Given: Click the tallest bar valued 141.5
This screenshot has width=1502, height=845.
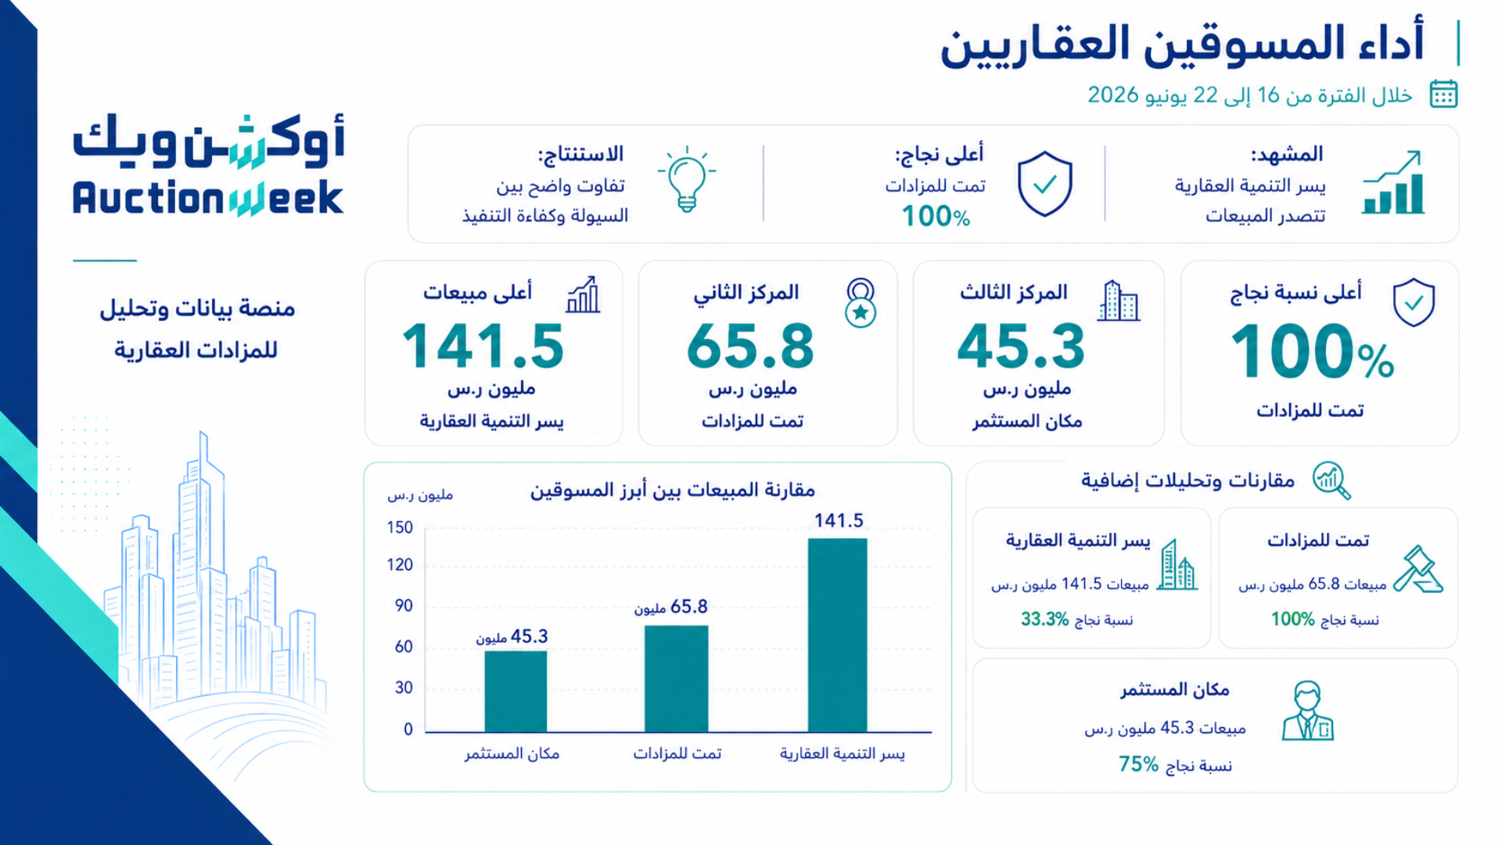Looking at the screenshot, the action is [837, 635].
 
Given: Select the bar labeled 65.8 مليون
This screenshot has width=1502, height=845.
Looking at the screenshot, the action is [676, 678].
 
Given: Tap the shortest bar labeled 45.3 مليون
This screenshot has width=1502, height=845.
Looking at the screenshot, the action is [516, 691].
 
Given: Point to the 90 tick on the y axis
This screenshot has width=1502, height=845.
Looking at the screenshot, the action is [404, 606].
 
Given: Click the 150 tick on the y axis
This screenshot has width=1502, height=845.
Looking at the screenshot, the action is [400, 527].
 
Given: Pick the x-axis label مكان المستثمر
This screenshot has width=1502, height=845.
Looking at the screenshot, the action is [512, 753].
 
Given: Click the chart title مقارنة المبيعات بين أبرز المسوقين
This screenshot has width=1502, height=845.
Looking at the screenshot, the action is [673, 491].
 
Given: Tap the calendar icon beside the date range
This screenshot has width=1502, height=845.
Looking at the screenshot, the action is [1443, 94].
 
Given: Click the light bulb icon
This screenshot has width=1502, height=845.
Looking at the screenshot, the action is [687, 179].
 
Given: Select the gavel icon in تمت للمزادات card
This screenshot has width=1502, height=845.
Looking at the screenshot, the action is [1418, 569].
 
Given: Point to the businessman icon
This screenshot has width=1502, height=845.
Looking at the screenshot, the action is [1307, 710].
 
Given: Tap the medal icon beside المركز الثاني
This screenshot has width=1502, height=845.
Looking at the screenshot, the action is [861, 303].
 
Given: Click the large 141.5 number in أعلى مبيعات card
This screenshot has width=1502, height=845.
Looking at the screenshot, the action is [483, 347].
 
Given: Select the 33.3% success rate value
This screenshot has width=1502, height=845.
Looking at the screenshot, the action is [1044, 620].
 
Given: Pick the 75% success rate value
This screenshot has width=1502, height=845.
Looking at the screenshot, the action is [1138, 764].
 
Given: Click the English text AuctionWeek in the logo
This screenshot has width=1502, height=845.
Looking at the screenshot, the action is [208, 198].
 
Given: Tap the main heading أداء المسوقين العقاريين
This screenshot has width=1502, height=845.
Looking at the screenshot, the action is [1181, 44].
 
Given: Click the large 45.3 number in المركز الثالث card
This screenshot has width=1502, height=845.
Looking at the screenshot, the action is [1021, 347].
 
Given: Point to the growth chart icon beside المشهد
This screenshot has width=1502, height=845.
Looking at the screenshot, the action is [1392, 182].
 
